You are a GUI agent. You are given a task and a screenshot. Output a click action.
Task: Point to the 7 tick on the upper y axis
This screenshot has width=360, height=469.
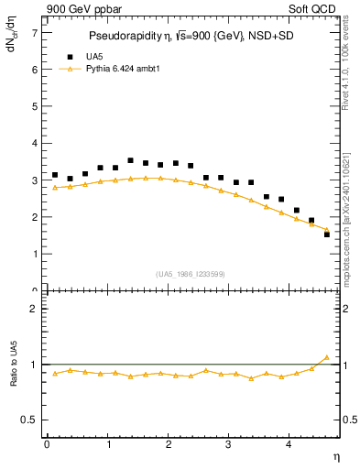[x=34, y=33]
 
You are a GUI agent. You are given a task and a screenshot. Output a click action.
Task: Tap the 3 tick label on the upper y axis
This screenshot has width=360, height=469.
[x=34, y=180]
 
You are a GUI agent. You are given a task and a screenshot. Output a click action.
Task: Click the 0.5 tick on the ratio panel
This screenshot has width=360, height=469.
[x=30, y=420]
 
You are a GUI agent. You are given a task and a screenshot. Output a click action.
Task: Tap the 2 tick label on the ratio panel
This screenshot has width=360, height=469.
[x=34, y=309]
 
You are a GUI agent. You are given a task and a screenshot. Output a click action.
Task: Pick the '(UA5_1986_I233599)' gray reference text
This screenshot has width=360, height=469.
[x=191, y=273]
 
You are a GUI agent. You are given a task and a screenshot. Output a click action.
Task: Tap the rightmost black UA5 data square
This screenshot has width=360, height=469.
[x=327, y=234]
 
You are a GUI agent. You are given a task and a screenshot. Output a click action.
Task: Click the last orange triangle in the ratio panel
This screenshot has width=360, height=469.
[x=327, y=357]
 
